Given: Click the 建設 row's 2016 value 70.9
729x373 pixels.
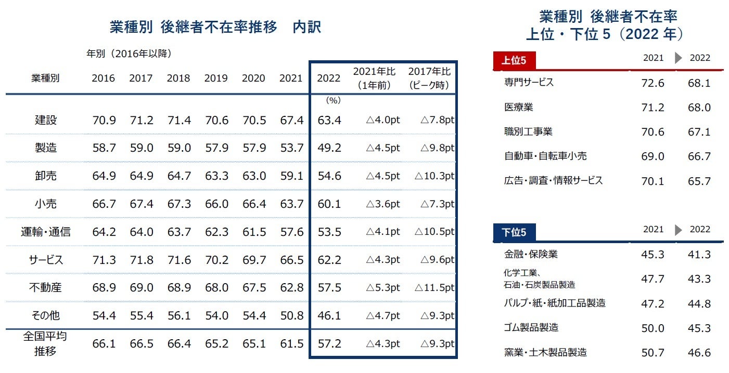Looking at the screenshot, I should tap(103, 121).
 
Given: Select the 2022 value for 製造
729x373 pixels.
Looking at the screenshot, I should tap(329, 148).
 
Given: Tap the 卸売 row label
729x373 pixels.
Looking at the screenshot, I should tap(45, 176).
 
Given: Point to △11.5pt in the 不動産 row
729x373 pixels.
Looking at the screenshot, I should tap(434, 288).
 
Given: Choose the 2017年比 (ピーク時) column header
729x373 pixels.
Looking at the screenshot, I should tap(429, 78).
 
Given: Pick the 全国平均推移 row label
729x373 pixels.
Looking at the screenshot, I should tap(45, 343).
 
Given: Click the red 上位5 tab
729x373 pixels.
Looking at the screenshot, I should tap(514, 61).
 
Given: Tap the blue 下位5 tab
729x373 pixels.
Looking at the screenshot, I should tap(514, 232).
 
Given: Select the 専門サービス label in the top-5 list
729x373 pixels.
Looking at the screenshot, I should tap(529, 82).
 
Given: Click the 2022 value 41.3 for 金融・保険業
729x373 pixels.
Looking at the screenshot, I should tap(699, 255).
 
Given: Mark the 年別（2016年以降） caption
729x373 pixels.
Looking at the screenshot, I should tap(129, 54).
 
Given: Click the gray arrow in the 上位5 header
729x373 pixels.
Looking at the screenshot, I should tap(678, 58).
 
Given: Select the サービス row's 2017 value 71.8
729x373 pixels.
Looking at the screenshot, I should tap(141, 260).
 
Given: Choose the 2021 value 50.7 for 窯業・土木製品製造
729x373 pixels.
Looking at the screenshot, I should tap(652, 353).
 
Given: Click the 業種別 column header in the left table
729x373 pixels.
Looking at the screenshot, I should tap(45, 78).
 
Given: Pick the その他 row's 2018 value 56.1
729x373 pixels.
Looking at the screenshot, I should tap(178, 316).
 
